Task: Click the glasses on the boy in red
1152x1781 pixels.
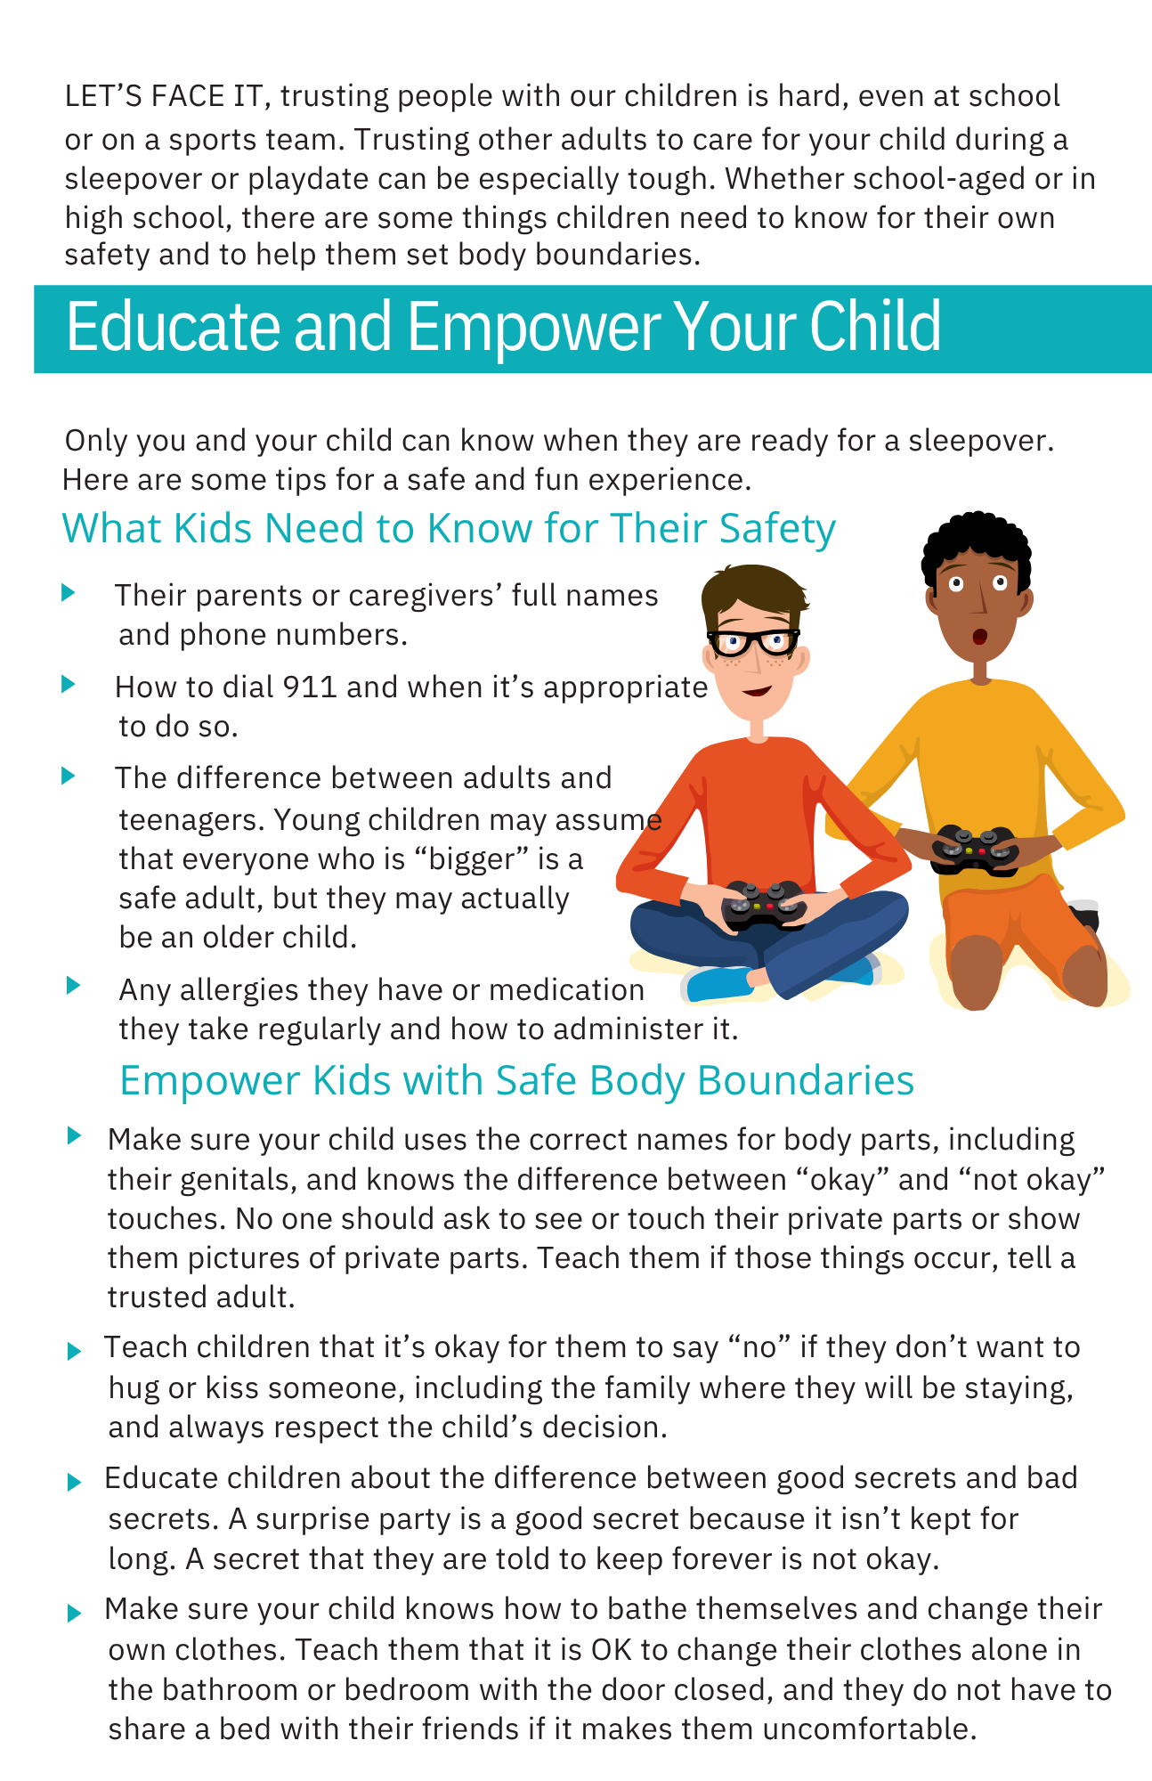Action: point(753,640)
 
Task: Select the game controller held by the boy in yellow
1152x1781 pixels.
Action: point(974,850)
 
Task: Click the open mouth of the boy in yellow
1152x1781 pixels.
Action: point(978,637)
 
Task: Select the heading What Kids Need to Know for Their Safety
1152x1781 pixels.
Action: point(449,528)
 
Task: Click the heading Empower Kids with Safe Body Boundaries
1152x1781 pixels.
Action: point(517,1080)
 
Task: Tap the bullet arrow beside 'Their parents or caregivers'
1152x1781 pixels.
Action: point(69,593)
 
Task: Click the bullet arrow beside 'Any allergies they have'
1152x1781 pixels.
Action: point(74,986)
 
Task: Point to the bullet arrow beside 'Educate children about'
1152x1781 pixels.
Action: point(74,1482)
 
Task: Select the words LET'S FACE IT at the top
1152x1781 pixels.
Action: point(164,96)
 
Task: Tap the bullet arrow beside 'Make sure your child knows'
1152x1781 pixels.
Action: point(74,1613)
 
